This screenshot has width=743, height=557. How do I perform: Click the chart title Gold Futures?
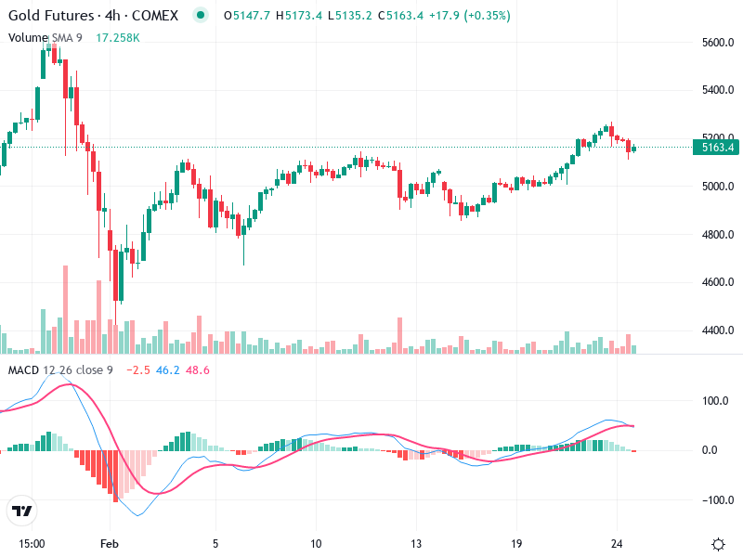point(50,17)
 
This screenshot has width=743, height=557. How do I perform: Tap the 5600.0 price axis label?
point(718,43)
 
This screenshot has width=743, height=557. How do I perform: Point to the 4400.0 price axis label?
point(718,330)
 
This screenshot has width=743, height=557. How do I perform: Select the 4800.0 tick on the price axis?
point(718,235)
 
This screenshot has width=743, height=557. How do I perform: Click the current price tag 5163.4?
point(718,147)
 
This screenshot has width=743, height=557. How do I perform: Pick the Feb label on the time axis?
point(111,543)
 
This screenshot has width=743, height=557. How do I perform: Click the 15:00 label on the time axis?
point(32,543)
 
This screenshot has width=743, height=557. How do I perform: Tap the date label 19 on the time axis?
point(516,543)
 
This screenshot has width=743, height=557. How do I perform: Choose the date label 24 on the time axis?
point(617,543)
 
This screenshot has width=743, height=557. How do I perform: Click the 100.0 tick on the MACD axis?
point(715,402)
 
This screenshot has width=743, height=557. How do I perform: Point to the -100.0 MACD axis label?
point(713,500)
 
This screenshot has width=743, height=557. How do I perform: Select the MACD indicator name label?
point(24,370)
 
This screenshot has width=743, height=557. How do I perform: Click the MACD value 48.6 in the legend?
point(199,370)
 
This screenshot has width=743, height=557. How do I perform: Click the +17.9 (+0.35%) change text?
point(471,17)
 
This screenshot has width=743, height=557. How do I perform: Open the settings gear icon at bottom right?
point(718,543)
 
